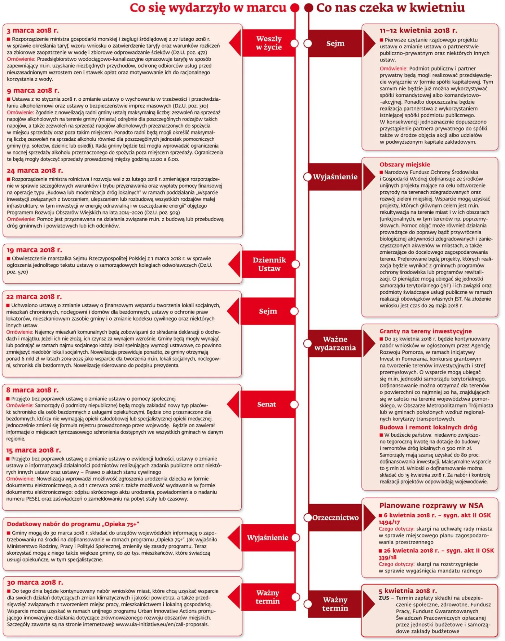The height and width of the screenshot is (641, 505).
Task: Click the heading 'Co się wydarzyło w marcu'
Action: point(208,8)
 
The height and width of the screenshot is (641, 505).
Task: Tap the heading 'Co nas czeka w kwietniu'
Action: point(390,8)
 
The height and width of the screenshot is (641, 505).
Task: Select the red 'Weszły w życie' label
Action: point(269,43)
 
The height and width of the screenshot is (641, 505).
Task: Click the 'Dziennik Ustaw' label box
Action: point(269,264)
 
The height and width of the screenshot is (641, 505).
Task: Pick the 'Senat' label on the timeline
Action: point(267,405)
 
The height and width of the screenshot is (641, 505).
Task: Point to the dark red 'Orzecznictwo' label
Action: point(335,518)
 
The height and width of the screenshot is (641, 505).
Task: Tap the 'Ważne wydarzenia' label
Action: point(335,343)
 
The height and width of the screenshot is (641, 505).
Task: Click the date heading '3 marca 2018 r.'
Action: point(32,31)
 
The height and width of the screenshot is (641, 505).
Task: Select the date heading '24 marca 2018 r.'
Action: point(35,170)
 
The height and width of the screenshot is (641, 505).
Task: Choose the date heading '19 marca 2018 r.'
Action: point(34,250)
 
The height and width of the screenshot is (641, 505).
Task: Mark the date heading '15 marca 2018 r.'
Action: point(34,450)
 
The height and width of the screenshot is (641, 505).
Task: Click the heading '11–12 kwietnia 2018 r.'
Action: point(418,31)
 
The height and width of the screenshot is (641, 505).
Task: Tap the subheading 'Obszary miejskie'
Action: point(405,165)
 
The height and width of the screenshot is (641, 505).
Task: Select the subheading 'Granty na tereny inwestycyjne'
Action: point(425,331)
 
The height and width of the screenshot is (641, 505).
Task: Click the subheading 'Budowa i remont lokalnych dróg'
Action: point(428,427)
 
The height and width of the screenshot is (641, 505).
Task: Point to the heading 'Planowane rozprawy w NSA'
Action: point(431,506)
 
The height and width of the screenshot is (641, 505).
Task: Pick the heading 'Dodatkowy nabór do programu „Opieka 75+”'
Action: point(73,524)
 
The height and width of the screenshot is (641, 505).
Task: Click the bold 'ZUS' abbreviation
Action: point(384,598)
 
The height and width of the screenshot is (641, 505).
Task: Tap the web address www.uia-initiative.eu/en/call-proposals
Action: point(162,624)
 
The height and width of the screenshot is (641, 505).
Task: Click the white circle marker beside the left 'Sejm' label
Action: point(294,311)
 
